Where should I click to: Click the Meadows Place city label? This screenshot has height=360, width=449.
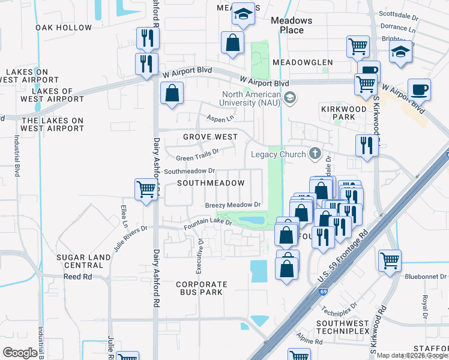[291, 25]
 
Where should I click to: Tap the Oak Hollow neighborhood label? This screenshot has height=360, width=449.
[64, 28]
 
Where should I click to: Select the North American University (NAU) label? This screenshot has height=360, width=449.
[252, 98]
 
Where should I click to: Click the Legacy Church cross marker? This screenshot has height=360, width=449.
[314, 154]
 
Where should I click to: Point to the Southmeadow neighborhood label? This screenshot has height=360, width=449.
[211, 183]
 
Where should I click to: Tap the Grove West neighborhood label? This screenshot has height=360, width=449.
[210, 137]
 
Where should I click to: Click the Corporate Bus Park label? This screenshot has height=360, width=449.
[202, 288]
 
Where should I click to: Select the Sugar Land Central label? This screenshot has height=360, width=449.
[83, 261]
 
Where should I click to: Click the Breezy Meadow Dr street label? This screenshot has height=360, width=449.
[233, 205]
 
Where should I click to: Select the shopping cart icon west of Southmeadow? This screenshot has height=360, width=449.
[146, 189]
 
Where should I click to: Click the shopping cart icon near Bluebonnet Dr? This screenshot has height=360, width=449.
[390, 260]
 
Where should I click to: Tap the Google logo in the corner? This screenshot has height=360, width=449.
[20, 352]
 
